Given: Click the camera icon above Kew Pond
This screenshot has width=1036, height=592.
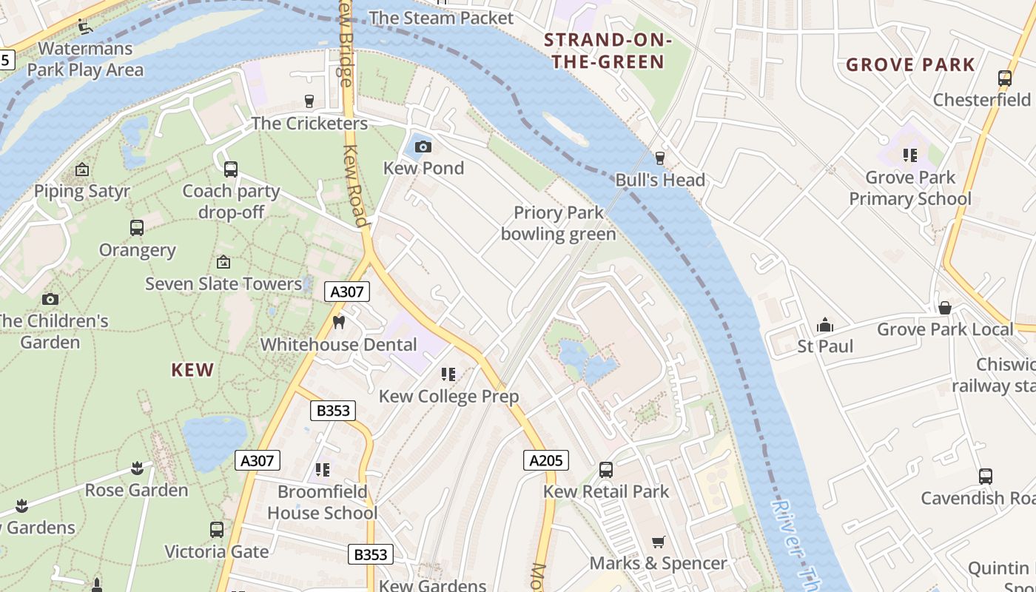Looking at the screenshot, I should (x=423, y=147).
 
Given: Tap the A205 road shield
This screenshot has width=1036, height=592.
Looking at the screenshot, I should (x=547, y=460).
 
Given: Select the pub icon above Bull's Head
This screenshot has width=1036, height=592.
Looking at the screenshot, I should (x=660, y=158).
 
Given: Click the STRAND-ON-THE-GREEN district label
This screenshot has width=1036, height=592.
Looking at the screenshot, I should (x=608, y=51).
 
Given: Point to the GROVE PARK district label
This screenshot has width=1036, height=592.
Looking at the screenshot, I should (x=910, y=65).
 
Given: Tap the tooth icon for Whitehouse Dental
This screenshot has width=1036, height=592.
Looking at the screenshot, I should (x=340, y=322).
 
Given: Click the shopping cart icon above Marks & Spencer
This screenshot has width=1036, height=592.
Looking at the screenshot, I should (x=658, y=542).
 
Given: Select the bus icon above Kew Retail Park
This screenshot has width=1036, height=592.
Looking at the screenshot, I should (x=606, y=470).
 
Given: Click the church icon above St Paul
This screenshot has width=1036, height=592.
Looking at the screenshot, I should (x=825, y=325).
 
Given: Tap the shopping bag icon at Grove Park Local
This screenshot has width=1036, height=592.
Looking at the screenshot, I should (x=945, y=308).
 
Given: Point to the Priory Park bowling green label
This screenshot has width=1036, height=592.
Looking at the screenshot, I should (x=558, y=223).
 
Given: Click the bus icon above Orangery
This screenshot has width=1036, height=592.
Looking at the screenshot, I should (x=137, y=228).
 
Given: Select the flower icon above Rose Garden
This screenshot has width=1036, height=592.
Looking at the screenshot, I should (x=137, y=468).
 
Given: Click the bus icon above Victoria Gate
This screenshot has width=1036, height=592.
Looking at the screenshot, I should (x=216, y=530).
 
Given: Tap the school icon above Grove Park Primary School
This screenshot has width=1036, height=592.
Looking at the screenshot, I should (x=910, y=155).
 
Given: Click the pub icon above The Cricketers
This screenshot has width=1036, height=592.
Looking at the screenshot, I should (x=309, y=101).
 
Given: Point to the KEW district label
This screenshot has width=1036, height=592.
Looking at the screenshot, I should (x=192, y=370).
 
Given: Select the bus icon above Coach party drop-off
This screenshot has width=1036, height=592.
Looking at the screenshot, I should (x=231, y=169).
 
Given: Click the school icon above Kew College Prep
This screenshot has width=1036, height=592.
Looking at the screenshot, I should (x=448, y=374).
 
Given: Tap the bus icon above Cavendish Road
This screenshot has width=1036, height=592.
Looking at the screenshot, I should (x=985, y=477).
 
